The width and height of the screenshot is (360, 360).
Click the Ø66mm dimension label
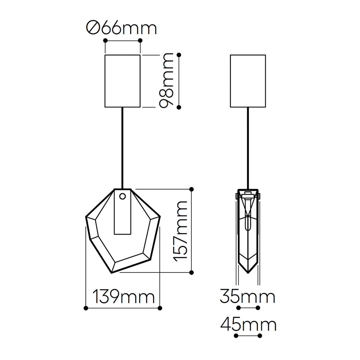point(121,28)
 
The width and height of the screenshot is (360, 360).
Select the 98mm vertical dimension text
point(166,80)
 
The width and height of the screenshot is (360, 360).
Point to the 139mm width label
point(123,296)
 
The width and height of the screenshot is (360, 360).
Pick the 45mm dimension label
point(248,324)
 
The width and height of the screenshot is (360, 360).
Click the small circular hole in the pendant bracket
point(123,196)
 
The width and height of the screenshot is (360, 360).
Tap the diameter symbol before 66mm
point(93,28)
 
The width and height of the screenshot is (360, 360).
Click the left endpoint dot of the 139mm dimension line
point(86,308)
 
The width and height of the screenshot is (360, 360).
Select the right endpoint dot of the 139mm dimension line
point(160,308)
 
